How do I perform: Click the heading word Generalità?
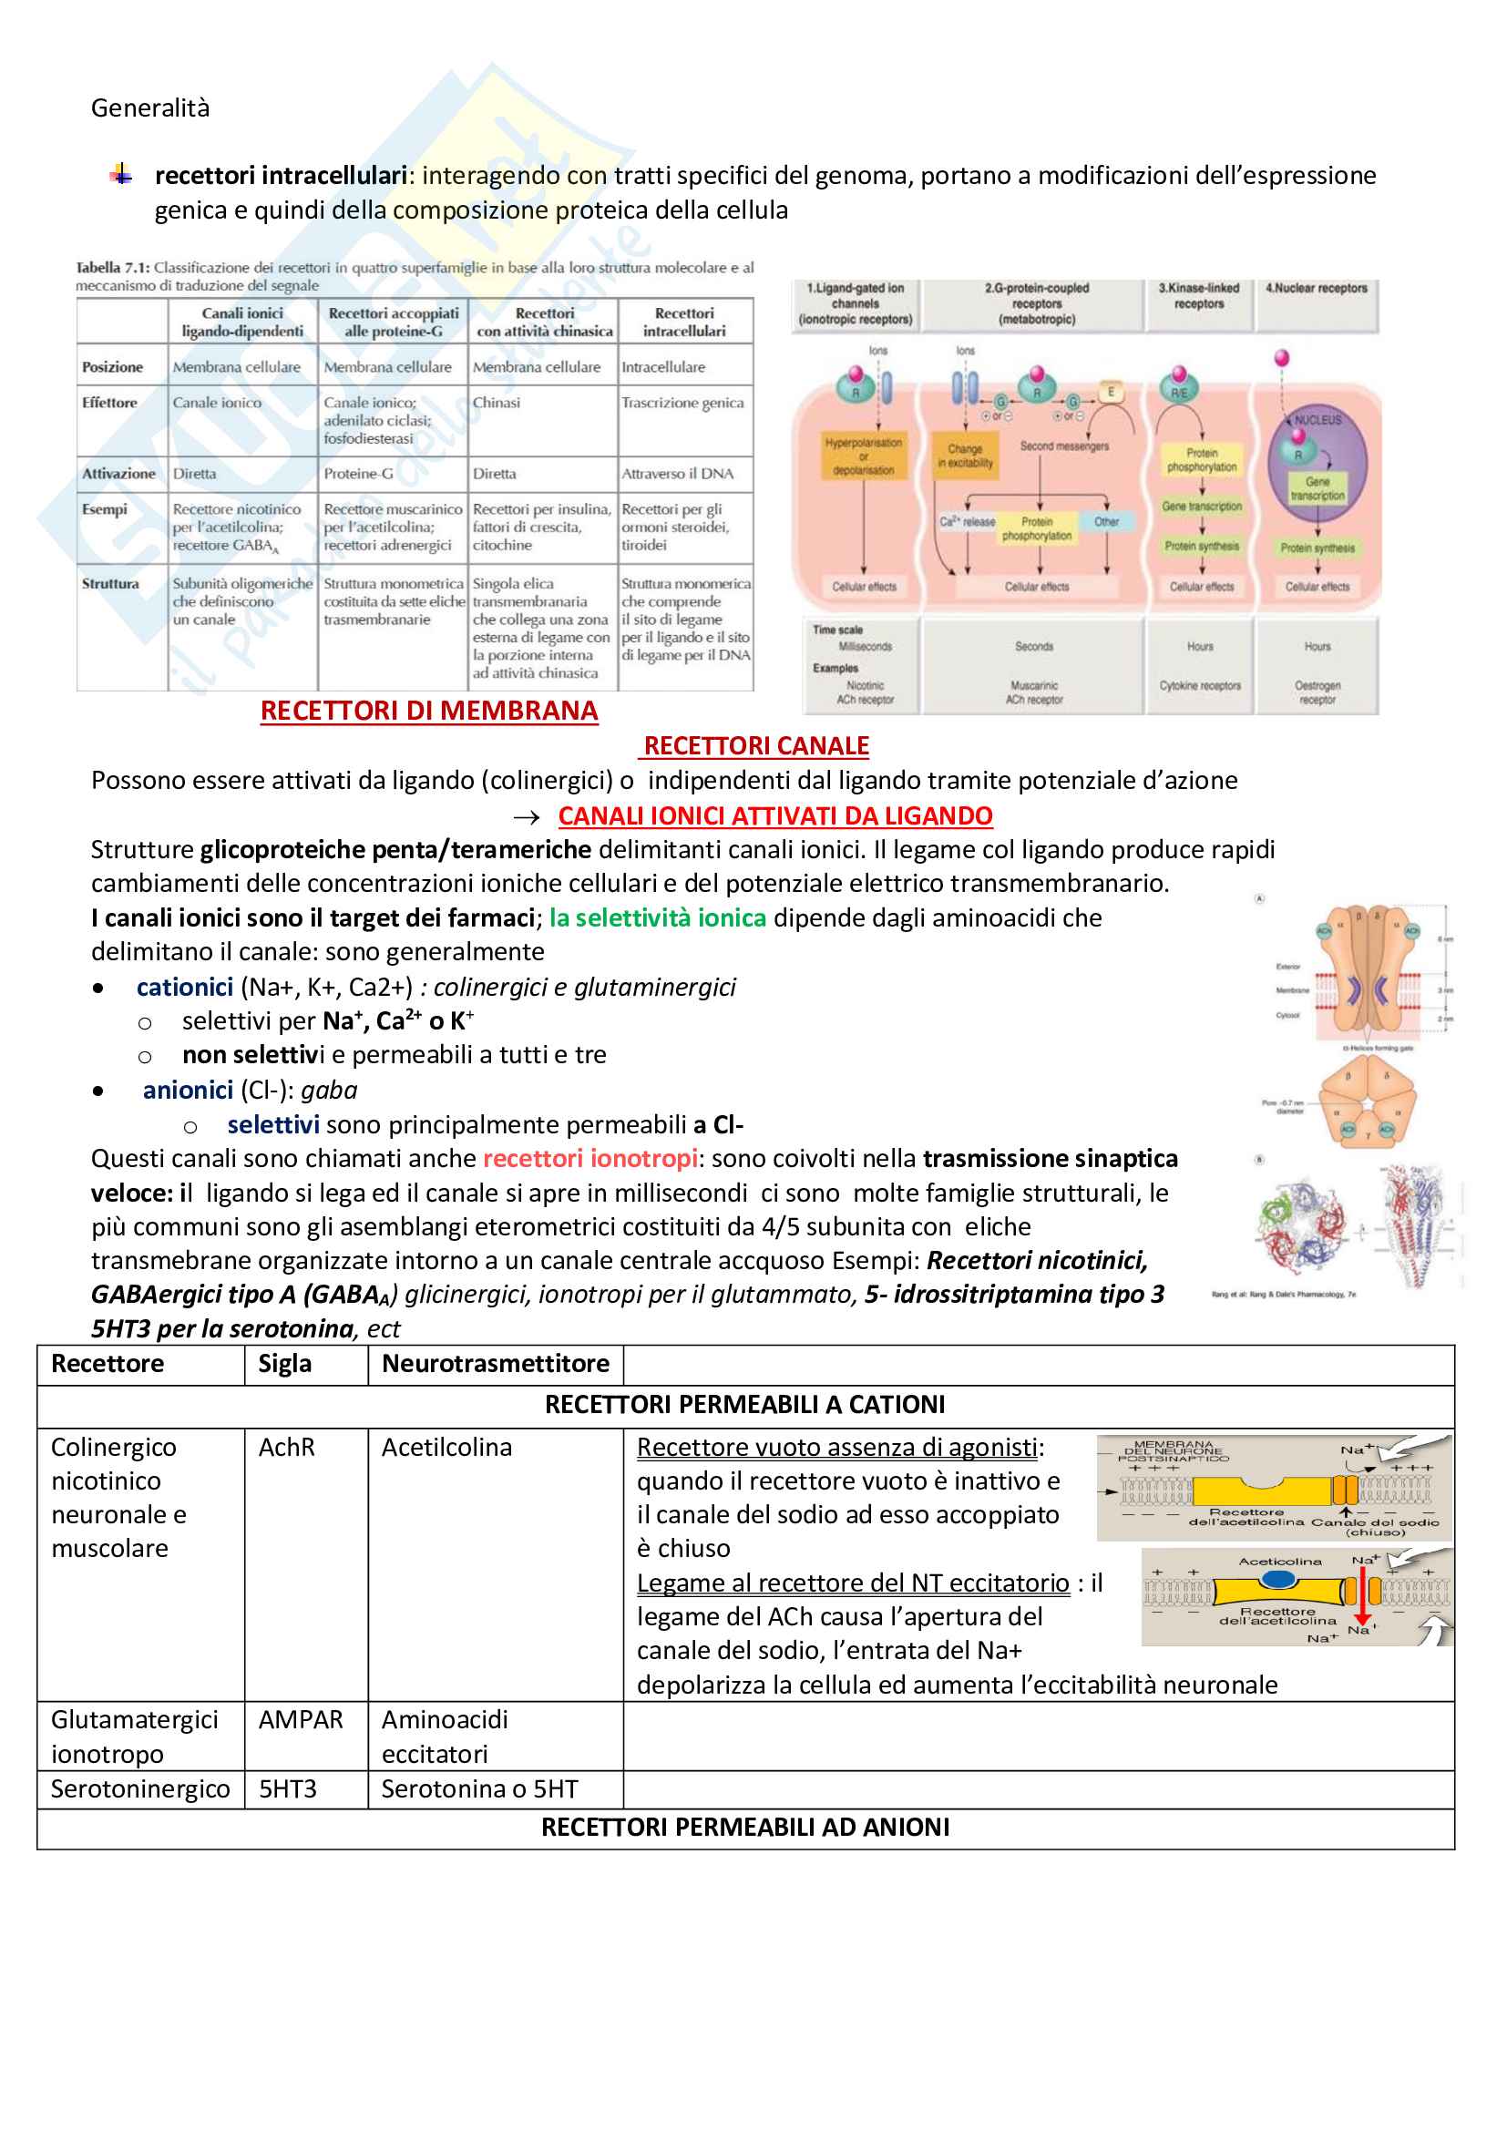coord(150,108)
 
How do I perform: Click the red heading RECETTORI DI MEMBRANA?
coord(429,711)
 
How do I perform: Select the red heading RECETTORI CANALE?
coord(755,746)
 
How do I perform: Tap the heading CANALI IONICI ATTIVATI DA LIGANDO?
coord(774,815)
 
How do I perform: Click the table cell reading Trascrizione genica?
coord(682,403)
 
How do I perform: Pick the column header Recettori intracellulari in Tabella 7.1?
coord(684,322)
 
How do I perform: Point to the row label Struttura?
coord(110,584)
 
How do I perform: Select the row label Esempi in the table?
coord(104,509)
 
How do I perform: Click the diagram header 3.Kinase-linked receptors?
coord(1198,296)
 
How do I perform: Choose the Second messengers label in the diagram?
coord(1064,446)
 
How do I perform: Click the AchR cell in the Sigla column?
coord(287,1448)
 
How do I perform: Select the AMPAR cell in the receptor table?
coord(301,1720)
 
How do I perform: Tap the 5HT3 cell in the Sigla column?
coord(288,1788)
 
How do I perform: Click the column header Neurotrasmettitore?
coord(496,1364)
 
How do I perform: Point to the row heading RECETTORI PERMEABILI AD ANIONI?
coord(745,1828)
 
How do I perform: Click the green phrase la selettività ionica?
coord(657,918)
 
